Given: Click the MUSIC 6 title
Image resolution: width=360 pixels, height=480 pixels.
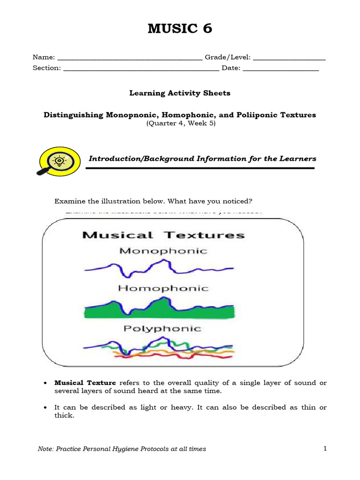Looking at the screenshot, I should coord(180,29).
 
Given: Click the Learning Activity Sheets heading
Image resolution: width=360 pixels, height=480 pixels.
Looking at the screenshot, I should coord(180,93).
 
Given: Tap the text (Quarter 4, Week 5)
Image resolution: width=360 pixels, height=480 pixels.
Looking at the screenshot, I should coord(180,124).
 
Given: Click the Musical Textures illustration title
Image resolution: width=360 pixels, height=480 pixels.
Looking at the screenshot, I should coord(164,235).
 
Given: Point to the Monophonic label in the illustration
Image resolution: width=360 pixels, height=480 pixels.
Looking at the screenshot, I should coord(163,251).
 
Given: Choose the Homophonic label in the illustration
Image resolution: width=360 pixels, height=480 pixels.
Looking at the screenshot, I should coord(163,289).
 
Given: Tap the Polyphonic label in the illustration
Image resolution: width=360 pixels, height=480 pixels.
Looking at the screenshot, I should coord(162,329).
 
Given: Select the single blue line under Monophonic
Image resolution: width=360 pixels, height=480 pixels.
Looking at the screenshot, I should coord(141,270).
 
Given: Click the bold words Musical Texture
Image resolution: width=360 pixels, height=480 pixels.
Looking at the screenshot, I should coord(85,383).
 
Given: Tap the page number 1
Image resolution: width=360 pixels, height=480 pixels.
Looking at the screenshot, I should coord(325,449).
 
